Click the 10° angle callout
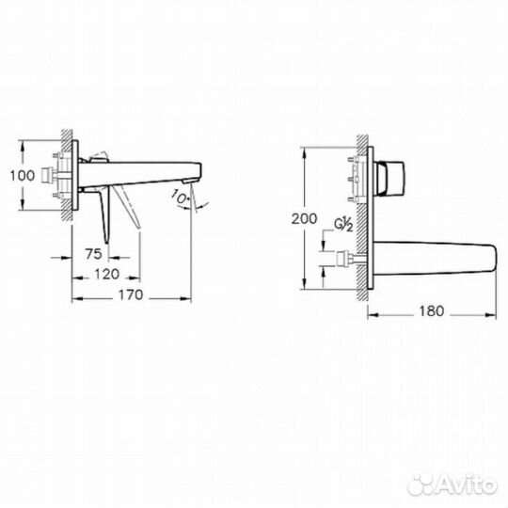[180, 196]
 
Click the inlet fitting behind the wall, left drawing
[58, 175]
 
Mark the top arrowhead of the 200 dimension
[304, 151]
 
